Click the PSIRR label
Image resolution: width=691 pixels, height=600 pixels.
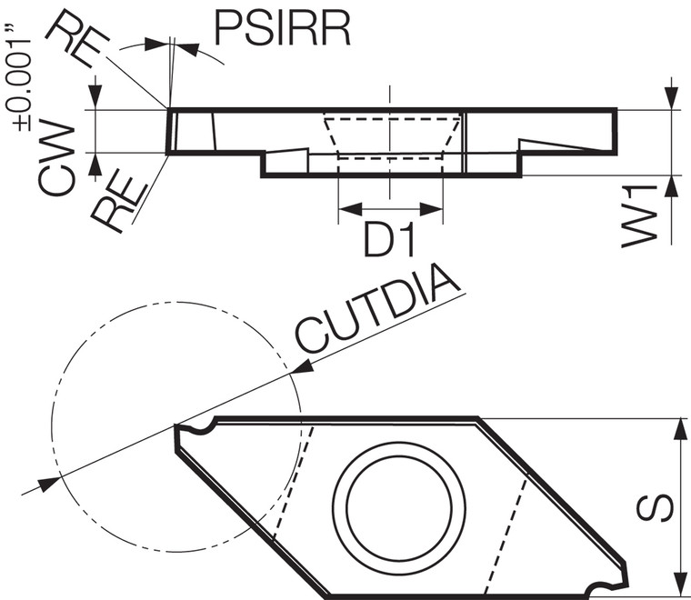coord(282,29)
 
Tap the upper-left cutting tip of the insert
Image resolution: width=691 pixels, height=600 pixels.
coord(177,426)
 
